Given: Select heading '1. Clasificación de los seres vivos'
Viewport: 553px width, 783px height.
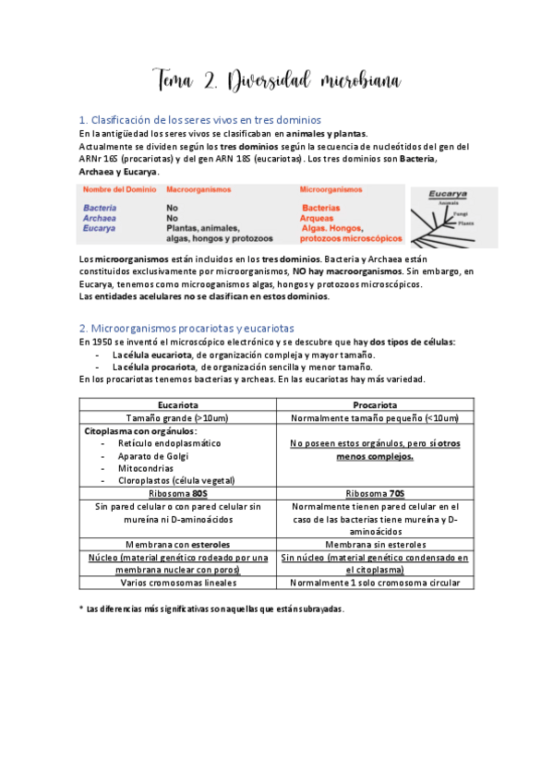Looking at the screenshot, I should (200, 120).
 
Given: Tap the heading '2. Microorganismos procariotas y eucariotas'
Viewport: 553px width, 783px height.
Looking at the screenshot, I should (186, 328).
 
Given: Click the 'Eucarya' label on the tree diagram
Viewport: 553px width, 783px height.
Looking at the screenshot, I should (449, 194).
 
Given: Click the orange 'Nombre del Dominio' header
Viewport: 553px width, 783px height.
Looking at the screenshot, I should (117, 189).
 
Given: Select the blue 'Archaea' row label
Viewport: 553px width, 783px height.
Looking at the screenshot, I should (100, 218).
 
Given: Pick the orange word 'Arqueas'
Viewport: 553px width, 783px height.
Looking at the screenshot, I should (321, 218).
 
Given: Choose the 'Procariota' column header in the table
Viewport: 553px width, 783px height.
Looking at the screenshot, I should (375, 404).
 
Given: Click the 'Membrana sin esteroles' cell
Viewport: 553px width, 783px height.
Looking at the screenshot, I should (375, 545).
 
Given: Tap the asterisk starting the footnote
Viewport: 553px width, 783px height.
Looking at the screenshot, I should (81, 608).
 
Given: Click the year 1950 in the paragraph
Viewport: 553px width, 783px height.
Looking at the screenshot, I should (99, 342).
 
